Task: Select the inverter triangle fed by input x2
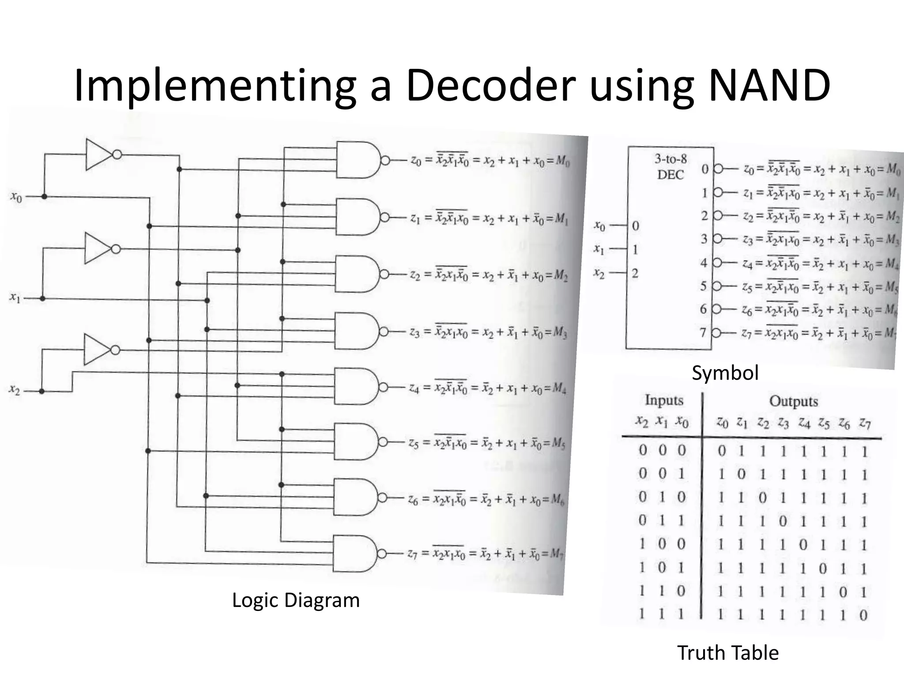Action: [x=97, y=350]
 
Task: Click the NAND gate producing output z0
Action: [x=357, y=160]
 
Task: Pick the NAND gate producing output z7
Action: [x=354, y=554]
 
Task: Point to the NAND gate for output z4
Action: [x=355, y=387]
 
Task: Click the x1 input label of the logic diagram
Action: [x=15, y=298]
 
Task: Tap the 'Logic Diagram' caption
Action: [x=296, y=600]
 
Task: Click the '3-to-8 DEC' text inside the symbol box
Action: [x=670, y=167]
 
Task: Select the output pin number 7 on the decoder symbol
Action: [x=703, y=332]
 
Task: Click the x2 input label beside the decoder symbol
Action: [x=599, y=273]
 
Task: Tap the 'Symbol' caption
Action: [x=725, y=373]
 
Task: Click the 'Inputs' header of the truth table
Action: [x=663, y=400]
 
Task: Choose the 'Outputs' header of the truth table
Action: [x=793, y=401]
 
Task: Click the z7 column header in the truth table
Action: [x=864, y=424]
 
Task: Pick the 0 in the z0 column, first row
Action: [x=722, y=451]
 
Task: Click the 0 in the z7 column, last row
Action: [x=863, y=615]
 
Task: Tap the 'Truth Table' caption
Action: [x=728, y=652]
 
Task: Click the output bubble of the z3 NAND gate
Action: [x=384, y=331]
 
